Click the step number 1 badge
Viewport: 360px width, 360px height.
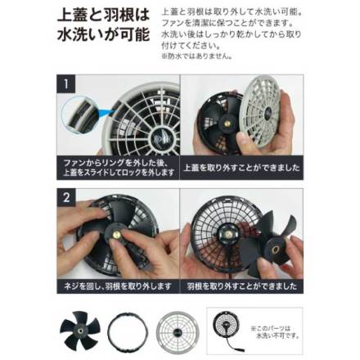[x=65, y=83]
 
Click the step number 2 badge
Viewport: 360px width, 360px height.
[x=65, y=197]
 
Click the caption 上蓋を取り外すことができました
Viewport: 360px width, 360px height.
[x=241, y=168]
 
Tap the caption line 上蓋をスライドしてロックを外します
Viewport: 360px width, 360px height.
[x=119, y=173]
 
